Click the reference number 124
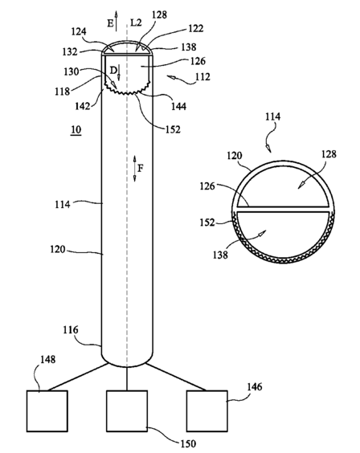[79, 31]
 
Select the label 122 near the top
[196, 28]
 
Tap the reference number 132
[70, 51]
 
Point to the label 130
[71, 71]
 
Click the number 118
[63, 92]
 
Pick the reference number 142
[83, 106]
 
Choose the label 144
[178, 107]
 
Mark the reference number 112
[202, 77]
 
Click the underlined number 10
[76, 130]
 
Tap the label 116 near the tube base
[71, 330]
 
